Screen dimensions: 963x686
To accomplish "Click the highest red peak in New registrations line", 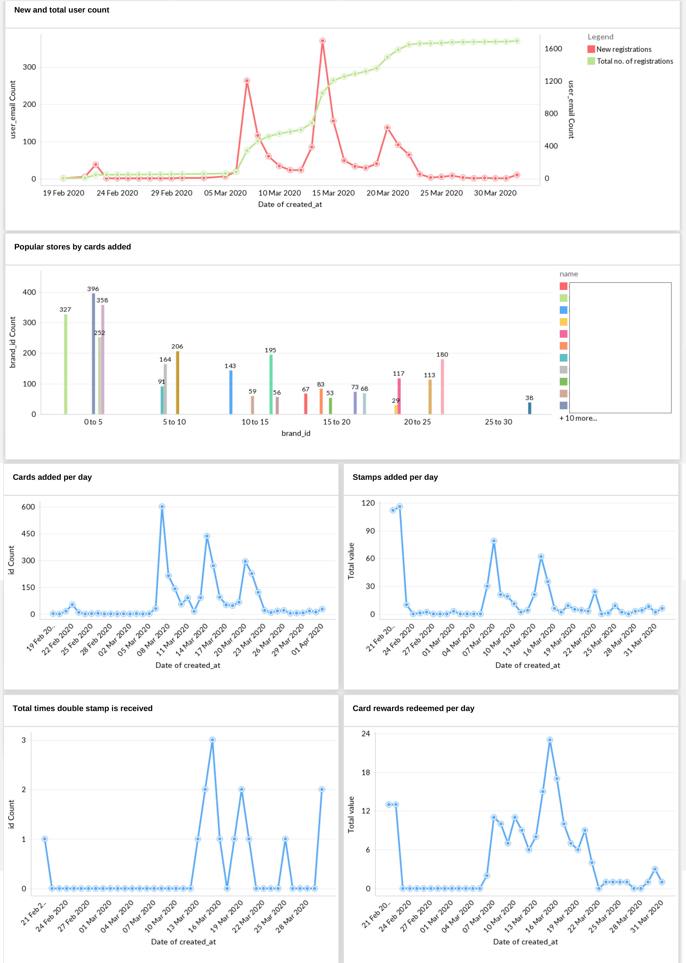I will pos(322,41).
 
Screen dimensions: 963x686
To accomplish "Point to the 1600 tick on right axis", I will pos(553,49).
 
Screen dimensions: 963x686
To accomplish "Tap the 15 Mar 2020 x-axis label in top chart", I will pos(333,193).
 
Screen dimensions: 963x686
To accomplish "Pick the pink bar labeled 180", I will pos(442,386).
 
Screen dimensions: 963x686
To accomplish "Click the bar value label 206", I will pos(177,346).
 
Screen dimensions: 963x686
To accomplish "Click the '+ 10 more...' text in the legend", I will pos(578,418).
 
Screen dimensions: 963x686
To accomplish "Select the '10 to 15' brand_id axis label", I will pos(255,422).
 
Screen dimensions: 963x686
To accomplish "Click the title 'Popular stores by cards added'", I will pos(73,247).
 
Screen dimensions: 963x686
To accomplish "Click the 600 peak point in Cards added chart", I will pos(162,506).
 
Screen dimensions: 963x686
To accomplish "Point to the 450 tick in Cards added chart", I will pos(28,534).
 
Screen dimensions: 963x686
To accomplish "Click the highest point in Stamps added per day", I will pos(400,506).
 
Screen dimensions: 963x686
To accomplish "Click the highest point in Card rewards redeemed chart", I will pos(550,740).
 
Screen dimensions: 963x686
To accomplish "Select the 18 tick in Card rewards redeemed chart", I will pos(366,772).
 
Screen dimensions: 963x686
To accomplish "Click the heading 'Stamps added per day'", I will pos(395,477).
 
